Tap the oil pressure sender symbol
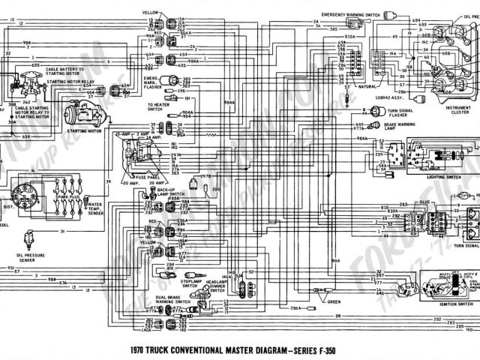[28, 238]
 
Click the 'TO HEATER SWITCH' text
[157, 106]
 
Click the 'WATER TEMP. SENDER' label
[95, 206]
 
